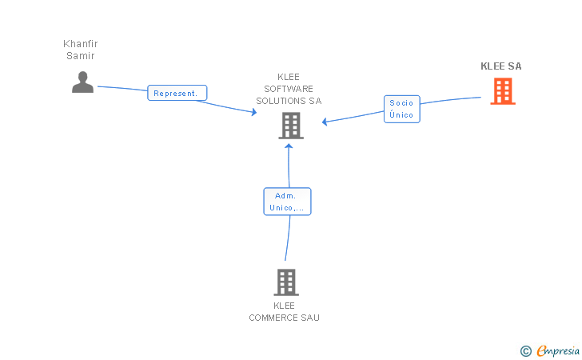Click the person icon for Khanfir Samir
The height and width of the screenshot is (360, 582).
(x=82, y=82)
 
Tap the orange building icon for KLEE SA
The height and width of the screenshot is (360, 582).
(x=503, y=91)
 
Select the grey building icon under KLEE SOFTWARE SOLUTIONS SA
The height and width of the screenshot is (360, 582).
(x=291, y=126)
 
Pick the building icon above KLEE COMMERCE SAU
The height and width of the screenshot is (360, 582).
(x=286, y=282)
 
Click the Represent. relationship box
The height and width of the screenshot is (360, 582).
(x=177, y=93)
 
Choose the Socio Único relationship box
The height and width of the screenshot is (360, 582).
(x=401, y=109)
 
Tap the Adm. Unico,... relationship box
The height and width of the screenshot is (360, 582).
(x=287, y=202)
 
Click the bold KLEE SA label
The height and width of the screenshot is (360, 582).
(x=501, y=66)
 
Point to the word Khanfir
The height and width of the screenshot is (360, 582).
(x=81, y=44)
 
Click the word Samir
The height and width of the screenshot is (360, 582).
(x=81, y=56)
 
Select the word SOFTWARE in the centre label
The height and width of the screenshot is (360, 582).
(x=289, y=89)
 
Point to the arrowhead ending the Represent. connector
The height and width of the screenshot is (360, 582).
(x=254, y=112)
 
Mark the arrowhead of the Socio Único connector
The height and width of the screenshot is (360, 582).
(x=325, y=122)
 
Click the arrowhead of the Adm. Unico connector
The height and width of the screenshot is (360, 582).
(x=289, y=146)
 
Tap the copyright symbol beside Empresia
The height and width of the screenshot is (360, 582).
(x=526, y=351)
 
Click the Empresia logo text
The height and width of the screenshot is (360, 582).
(x=558, y=350)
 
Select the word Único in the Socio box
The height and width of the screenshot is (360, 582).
(x=401, y=114)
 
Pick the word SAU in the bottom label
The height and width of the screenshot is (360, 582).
(x=310, y=318)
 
